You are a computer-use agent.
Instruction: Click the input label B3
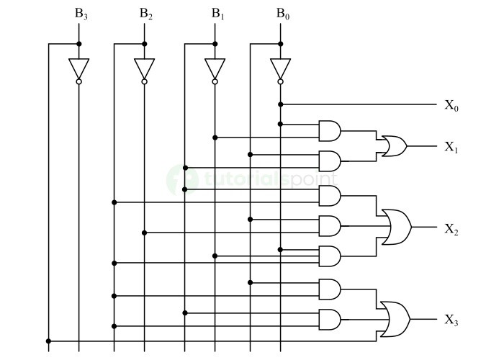(x=81, y=14)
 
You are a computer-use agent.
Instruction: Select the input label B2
(x=146, y=14)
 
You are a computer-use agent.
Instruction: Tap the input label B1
(x=217, y=14)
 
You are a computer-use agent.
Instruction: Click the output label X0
(x=451, y=106)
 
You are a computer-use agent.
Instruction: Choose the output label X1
(x=451, y=147)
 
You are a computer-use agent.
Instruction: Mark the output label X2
(x=451, y=230)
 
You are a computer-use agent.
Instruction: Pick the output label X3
(x=451, y=320)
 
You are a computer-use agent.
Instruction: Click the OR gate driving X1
(x=394, y=146)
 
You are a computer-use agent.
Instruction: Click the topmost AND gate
(x=330, y=130)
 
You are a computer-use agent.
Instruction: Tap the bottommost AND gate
(x=330, y=319)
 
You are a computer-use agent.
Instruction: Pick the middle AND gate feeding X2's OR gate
(x=330, y=226)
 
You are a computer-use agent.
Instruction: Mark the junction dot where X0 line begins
(x=280, y=104)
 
